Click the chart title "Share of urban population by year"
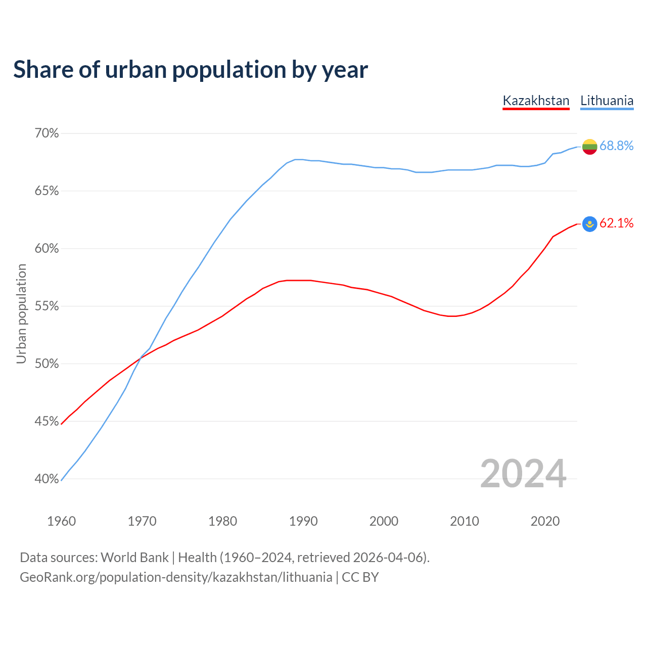point(191,70)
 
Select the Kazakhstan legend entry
point(536,101)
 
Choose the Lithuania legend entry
point(607,101)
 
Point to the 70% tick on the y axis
point(47,133)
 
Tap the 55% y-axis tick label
point(47,306)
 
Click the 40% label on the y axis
point(47,479)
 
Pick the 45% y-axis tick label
point(47,421)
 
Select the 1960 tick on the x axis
point(61,521)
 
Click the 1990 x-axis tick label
point(303,521)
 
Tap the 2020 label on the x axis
point(545,521)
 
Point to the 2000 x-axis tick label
point(384,521)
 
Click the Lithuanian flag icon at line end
point(590,147)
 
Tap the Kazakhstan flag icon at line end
point(590,223)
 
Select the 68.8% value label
point(616,146)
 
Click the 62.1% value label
point(616,223)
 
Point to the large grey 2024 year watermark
point(523,474)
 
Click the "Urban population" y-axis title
point(21,313)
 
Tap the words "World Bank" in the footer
point(134,558)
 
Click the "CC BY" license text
point(360,577)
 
